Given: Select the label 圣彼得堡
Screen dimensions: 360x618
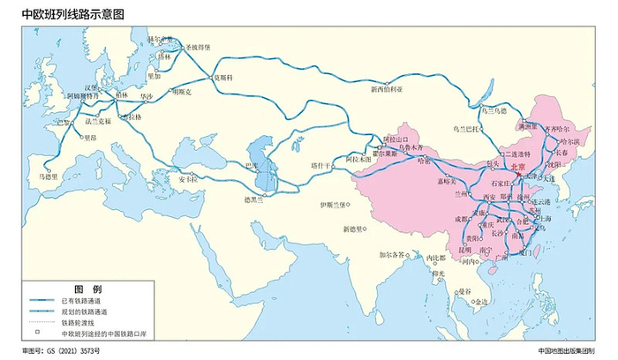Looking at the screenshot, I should [199, 47].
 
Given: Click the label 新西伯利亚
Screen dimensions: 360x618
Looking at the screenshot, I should [386, 88].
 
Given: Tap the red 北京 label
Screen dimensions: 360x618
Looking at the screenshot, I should [516, 167].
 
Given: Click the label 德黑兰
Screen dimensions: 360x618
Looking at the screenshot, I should [254, 199].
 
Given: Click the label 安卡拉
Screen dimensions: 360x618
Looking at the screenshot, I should [189, 179].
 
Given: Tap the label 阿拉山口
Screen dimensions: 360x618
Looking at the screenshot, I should [396, 139].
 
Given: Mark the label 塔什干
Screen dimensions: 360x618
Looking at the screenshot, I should [319, 165].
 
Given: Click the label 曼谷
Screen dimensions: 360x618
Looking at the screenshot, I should [464, 290].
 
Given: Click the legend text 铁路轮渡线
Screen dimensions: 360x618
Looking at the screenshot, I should [79, 323].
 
